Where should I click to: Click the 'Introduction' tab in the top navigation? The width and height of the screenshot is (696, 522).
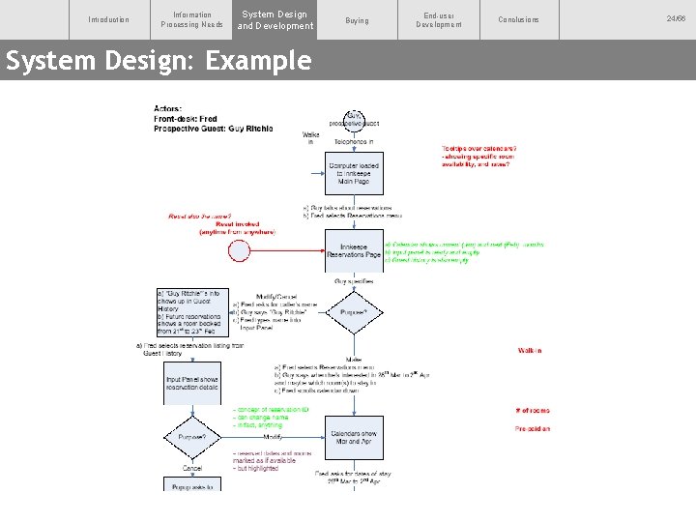tap(108, 19)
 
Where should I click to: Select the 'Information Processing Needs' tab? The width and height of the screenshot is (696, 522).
tap(191, 19)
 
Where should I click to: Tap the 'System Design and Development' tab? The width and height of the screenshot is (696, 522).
tap(275, 19)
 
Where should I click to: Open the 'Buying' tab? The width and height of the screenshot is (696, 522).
tap(357, 19)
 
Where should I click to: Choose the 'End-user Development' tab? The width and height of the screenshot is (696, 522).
tap(439, 19)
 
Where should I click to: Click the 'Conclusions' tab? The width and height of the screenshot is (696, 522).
tap(519, 19)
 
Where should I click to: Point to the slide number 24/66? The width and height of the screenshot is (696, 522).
tap(675, 19)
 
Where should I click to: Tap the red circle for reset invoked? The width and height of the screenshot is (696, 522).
tap(239, 250)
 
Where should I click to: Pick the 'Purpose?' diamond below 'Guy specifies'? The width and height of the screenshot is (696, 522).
tap(354, 312)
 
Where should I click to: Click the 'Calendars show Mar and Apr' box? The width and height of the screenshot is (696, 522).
tap(354, 437)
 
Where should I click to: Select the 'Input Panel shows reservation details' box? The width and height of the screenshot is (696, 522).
tap(192, 384)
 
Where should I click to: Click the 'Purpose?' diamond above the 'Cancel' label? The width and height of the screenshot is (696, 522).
tap(192, 437)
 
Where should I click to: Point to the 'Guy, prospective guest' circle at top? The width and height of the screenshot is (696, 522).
tap(354, 119)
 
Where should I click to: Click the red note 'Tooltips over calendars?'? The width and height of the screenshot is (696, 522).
tap(478, 148)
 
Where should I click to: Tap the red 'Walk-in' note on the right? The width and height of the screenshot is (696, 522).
tap(529, 351)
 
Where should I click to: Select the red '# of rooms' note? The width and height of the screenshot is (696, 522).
tap(533, 411)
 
